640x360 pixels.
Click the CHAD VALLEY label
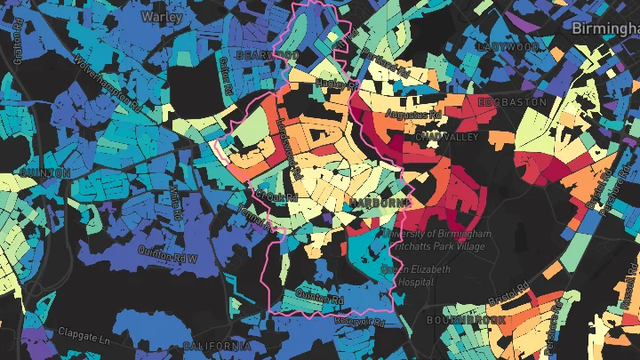447,137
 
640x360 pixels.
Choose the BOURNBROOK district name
467,319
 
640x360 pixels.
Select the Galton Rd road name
224,76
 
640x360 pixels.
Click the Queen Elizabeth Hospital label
416,275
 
